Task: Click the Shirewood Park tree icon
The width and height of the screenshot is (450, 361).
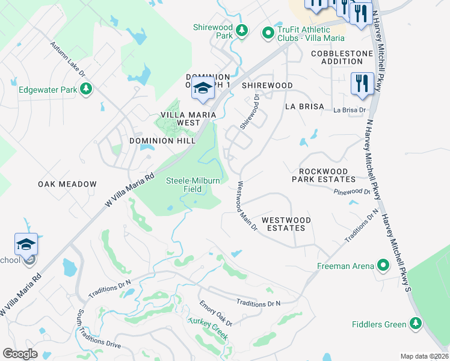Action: [241, 30]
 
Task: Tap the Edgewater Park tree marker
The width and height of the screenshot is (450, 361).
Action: [87, 90]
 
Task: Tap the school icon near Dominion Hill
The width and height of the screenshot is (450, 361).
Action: [203, 88]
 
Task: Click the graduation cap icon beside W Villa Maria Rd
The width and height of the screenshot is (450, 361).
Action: [26, 244]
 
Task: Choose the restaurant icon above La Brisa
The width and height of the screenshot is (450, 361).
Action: [362, 83]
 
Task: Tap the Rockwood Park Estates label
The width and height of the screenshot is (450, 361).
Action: [324, 175]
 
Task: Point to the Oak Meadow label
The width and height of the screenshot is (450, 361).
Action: [67, 184]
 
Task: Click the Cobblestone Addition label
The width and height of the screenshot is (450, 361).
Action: [342, 58]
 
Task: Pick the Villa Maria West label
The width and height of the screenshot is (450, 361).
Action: [180, 119]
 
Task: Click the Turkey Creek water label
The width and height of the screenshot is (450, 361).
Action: [208, 328]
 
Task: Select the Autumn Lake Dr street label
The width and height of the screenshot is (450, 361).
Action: [68, 59]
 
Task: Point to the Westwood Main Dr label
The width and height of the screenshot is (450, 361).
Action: [247, 206]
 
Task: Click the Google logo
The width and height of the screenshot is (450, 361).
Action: [20, 354]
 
